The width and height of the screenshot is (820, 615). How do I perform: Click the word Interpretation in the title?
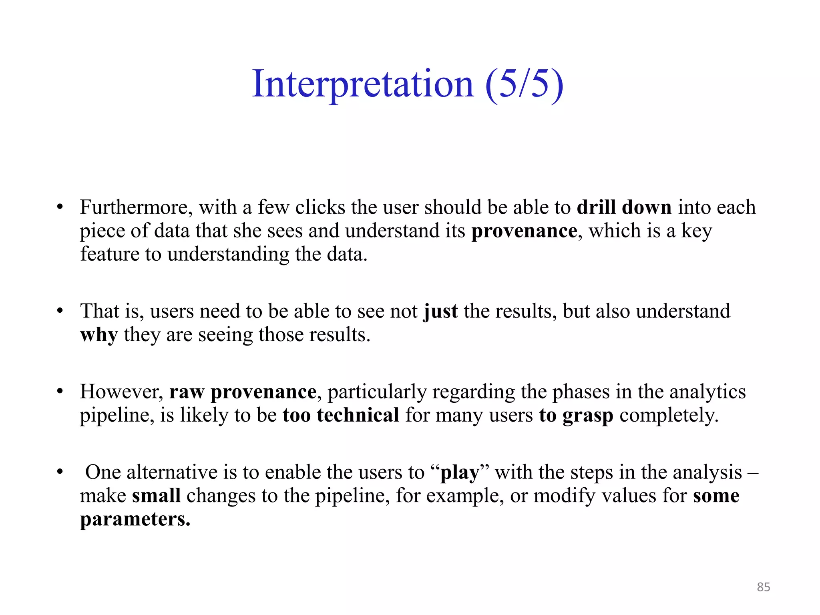363,84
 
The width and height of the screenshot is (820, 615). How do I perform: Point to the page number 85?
763,587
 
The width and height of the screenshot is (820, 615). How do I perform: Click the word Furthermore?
136,207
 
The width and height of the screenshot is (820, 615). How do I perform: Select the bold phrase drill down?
624,207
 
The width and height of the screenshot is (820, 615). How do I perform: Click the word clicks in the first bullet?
320,207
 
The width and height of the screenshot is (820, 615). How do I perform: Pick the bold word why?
99,335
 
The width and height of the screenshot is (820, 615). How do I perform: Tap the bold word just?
440,312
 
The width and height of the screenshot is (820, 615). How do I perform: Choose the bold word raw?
187,392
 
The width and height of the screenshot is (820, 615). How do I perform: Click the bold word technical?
358,415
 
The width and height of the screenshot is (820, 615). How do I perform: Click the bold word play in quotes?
460,473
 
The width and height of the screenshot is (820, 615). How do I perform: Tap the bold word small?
156,496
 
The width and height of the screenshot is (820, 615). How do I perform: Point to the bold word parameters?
135,520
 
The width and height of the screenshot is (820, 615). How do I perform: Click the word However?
121,392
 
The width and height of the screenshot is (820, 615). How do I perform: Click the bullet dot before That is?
60,311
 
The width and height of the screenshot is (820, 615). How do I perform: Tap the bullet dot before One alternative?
60,472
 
